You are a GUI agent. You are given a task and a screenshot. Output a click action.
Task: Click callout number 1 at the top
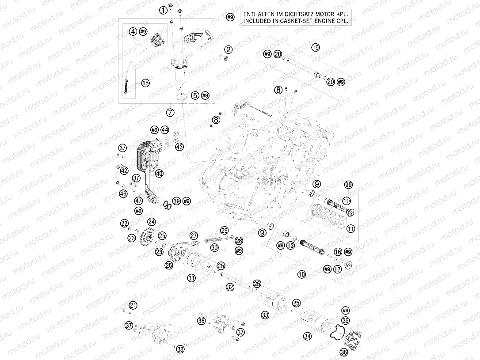164,10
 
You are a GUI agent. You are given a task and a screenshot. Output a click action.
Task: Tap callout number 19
315,47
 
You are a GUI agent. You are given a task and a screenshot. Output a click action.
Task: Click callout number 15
145,83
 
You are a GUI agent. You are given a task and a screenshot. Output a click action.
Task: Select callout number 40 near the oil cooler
159,173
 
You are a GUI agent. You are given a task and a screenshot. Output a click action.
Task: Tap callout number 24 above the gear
152,222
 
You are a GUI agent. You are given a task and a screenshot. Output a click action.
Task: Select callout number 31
191,278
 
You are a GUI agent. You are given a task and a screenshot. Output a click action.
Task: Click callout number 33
265,315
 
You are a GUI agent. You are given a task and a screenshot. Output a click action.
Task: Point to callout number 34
307,336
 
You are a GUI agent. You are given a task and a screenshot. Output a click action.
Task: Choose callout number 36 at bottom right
344,352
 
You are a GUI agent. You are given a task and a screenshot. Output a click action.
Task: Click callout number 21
133,305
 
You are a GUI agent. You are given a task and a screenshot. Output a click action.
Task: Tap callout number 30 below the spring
214,248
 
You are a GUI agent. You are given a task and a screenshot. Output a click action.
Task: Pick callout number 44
165,130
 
